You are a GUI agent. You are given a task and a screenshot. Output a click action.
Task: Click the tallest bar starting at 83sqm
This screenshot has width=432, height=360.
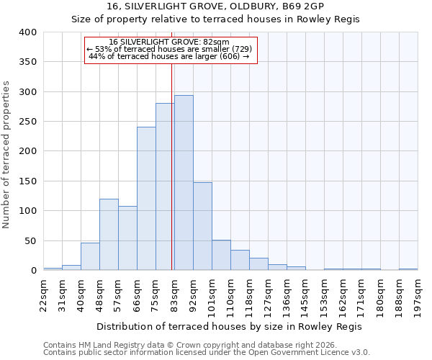[184, 183]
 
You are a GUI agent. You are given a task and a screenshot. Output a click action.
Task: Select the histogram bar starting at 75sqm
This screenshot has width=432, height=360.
[165, 186]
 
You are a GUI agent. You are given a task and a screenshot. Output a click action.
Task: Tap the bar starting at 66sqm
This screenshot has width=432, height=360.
[146, 199]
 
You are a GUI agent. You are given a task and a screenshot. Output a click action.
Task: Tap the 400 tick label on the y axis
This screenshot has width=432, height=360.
[28, 32]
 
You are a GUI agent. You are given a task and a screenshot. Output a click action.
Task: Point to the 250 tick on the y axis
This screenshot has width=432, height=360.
[28, 122]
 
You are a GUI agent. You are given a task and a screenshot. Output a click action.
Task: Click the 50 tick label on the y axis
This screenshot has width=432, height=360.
[31, 240]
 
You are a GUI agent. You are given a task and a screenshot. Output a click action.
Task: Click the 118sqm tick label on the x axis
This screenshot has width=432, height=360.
[249, 294]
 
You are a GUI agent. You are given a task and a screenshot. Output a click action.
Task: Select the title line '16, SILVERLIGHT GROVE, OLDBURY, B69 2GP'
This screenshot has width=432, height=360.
[216, 6]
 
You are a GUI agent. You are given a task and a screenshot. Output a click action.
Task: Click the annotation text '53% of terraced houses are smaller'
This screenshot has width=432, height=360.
[170, 50]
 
